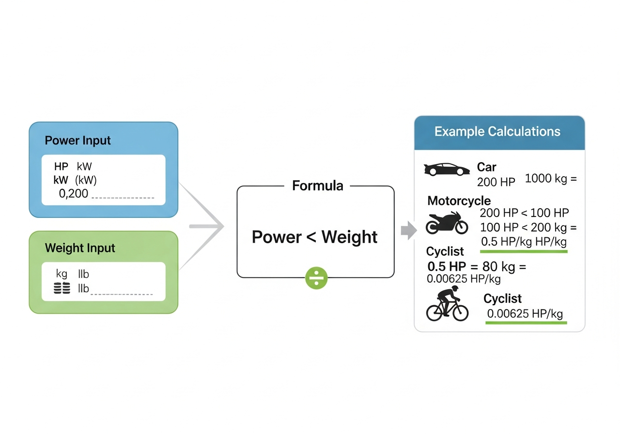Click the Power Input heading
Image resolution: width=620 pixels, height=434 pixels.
pos(77,140)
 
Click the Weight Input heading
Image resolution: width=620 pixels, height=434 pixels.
pos(80,248)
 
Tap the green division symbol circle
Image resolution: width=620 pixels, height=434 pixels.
pos(316,278)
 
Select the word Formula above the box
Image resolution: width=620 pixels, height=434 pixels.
pos(317,186)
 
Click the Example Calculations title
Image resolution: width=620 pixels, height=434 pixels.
pos(497,132)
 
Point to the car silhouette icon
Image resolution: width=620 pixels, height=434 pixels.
pos(447,169)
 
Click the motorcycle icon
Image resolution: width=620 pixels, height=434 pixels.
pos(447,223)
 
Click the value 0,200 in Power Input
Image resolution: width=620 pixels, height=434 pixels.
pos(73,194)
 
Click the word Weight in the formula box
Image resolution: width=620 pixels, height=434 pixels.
pos(349,237)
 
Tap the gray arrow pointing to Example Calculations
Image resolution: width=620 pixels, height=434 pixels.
pos(408,230)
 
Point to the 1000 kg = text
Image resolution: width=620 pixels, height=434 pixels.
pos(551,179)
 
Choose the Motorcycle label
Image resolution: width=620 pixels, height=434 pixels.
pos(459,201)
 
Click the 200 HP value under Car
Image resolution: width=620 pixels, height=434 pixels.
pos(496,182)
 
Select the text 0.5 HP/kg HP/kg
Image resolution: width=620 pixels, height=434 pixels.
pos(523,242)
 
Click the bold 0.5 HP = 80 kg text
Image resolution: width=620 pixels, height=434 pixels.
pos(477,266)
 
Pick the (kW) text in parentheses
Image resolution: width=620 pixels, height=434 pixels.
pos(86,180)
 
